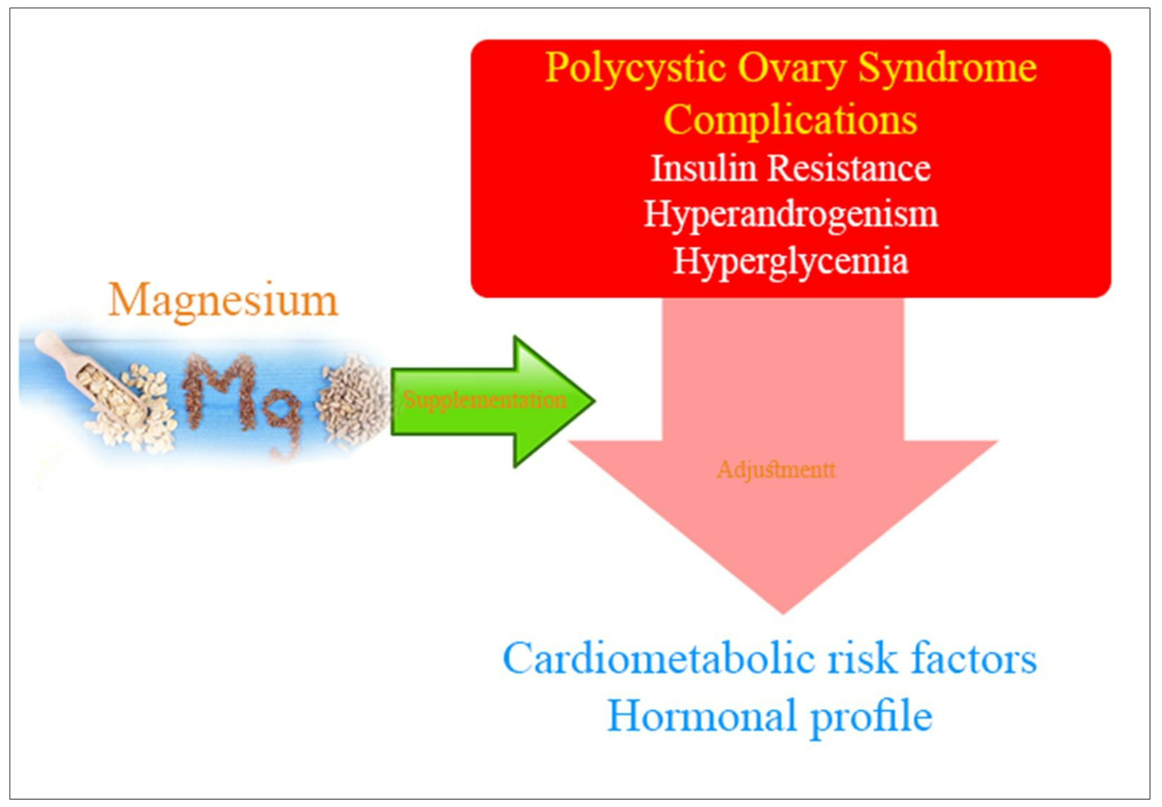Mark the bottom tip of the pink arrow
coord(783,613)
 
